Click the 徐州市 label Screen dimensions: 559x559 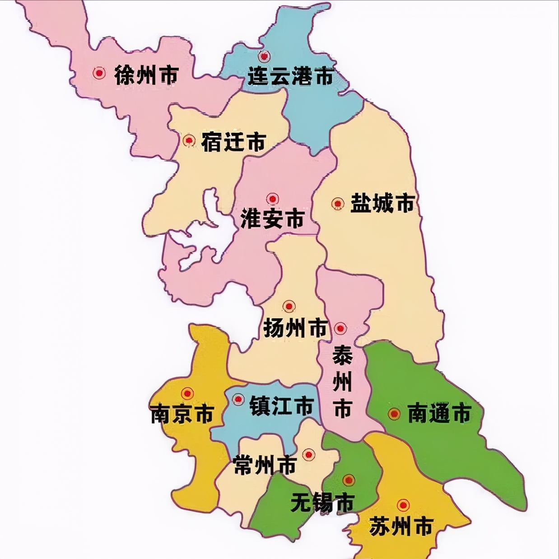[x=146, y=75]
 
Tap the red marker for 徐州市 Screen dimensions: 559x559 [x=99, y=73]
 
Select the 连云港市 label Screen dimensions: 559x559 [x=291, y=76]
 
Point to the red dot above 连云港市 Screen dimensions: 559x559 [x=264, y=56]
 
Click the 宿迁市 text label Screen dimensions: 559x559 [x=233, y=142]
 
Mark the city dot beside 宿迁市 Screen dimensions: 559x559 [x=189, y=140]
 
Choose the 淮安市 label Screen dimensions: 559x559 [x=272, y=219]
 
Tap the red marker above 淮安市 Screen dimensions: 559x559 [x=272, y=199]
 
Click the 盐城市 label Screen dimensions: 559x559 [x=382, y=203]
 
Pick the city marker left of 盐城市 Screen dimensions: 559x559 [x=337, y=204]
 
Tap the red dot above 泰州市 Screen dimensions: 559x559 [x=340, y=328]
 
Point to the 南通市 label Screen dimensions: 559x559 [x=439, y=413]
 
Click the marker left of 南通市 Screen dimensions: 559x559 [x=394, y=414]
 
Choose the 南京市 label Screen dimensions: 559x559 [x=182, y=414]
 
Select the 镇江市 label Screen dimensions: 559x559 [x=281, y=405]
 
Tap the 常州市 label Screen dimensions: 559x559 [x=265, y=465]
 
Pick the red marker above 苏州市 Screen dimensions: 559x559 [x=403, y=505]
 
